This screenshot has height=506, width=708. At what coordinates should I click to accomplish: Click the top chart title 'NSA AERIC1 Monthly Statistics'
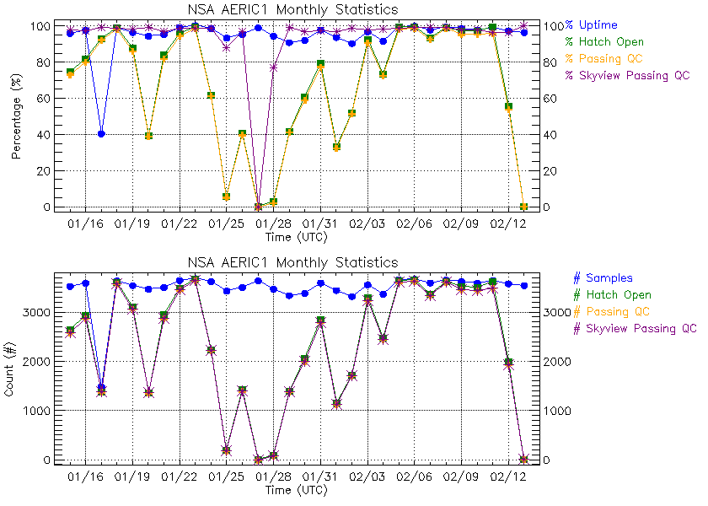pos(292,9)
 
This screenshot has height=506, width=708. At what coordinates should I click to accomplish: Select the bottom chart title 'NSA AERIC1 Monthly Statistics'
pos(292,262)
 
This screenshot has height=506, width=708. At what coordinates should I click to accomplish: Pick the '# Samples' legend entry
pos(603,277)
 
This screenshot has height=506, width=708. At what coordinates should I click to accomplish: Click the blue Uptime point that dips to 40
pos(101,134)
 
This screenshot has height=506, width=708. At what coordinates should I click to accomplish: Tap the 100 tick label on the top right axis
pos(553,25)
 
